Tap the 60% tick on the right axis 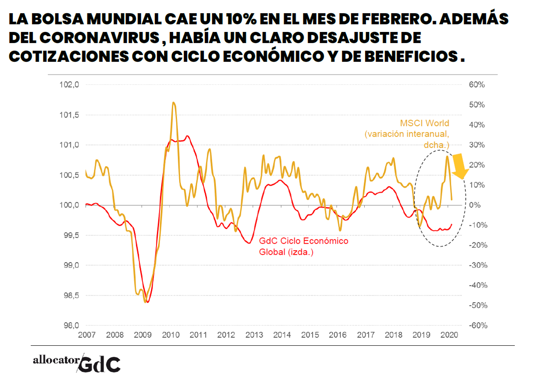click(x=477, y=85)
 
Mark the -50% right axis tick click(x=477, y=305)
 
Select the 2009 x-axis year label click(x=142, y=335)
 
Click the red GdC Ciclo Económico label click(x=303, y=241)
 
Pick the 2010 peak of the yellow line click(x=174, y=103)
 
